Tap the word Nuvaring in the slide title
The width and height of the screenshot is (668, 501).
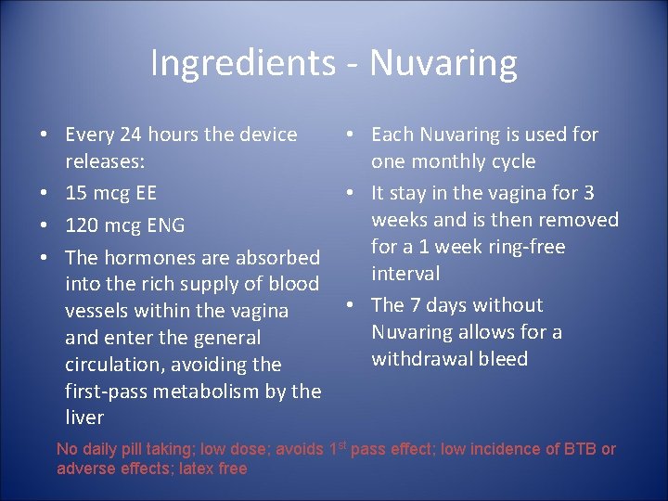coord(443,64)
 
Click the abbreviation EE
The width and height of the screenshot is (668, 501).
coord(144,194)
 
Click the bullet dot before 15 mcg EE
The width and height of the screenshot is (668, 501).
coord(44,194)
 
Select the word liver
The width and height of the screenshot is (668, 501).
coord(84,418)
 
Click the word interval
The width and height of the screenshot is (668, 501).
coord(405,274)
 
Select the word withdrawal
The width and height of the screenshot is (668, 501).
coord(422,359)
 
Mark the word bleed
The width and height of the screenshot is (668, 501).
coord(503,359)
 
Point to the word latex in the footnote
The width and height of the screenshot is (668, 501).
coord(178,469)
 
